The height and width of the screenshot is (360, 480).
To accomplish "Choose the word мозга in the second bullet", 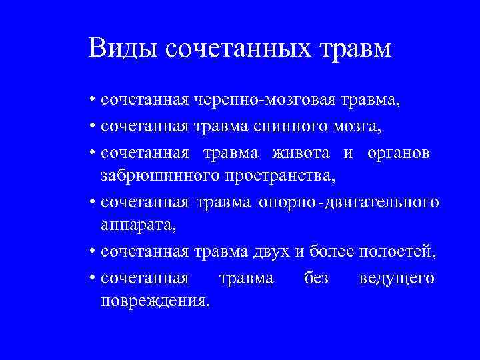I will click(x=361, y=125).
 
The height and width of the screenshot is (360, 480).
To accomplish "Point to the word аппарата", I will click(x=138, y=226).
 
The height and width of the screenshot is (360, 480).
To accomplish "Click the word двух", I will click(x=272, y=252).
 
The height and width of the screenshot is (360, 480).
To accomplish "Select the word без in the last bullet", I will click(x=316, y=277).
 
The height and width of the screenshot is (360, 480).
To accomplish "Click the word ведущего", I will click(x=397, y=277).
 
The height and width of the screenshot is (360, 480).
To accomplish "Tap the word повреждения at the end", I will click(x=155, y=301).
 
